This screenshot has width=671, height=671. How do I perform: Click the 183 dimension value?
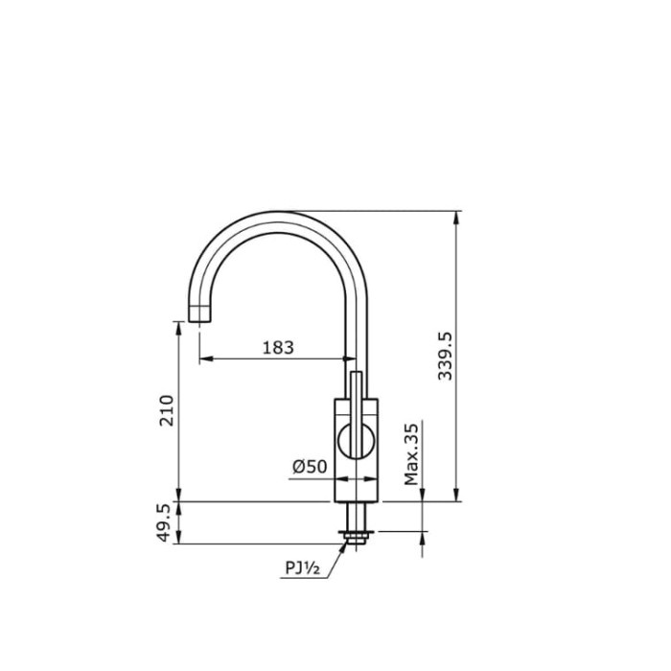tap(277, 347)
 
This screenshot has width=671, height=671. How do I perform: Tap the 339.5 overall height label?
tap(445, 356)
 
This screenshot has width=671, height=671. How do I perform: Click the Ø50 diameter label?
tap(310, 466)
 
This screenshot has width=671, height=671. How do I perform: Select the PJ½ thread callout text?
tap(302, 567)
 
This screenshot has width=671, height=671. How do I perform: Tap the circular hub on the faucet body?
tap(355, 442)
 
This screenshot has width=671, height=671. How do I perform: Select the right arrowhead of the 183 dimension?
tap(350, 360)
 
